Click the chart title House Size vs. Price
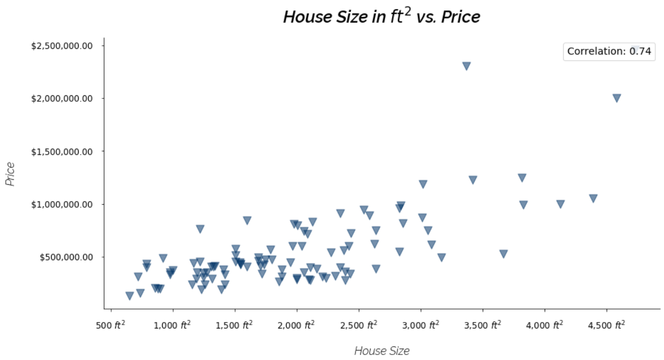click(381, 17)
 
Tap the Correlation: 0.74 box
click(608, 51)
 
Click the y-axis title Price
click(10, 174)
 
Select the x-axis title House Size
click(382, 351)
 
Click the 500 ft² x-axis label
click(111, 325)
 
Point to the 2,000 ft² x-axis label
click(297, 325)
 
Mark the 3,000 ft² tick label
click(421, 325)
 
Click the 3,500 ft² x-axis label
click(483, 325)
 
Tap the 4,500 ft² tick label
click(607, 325)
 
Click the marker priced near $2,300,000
click(466, 66)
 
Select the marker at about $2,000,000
click(617, 98)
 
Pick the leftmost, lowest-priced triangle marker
click(130, 295)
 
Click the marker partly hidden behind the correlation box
click(635, 48)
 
